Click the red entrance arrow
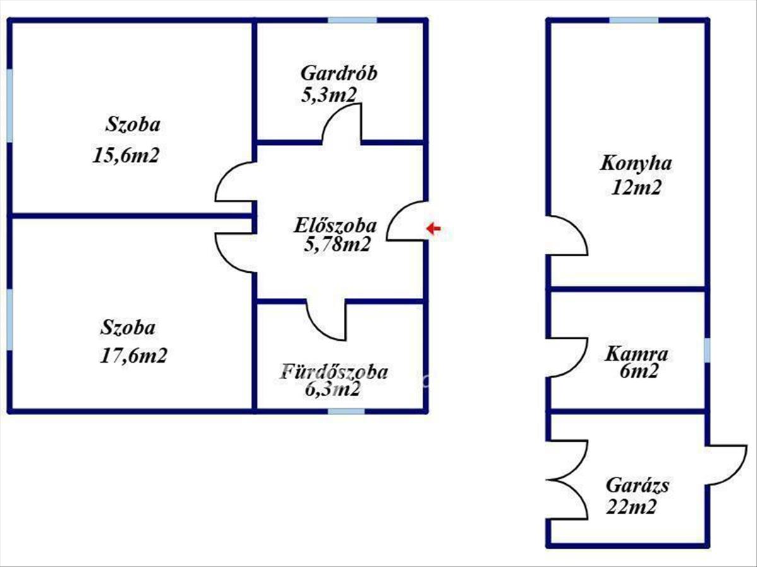coord(433,228)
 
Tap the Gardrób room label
coord(339,73)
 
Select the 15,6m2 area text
coord(126,155)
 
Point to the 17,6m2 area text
coord(134,355)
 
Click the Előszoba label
coord(335,226)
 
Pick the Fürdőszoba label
coord(335,372)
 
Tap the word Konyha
coord(636,163)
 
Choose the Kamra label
coord(637,354)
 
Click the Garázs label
coord(638,485)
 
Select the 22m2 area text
coord(631,507)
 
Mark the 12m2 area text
coord(637,188)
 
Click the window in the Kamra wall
coord(707,350)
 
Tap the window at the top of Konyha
coord(633,20)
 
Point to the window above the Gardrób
coord(352,20)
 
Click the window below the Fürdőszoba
coord(346,411)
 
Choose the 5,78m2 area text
coord(337,245)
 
